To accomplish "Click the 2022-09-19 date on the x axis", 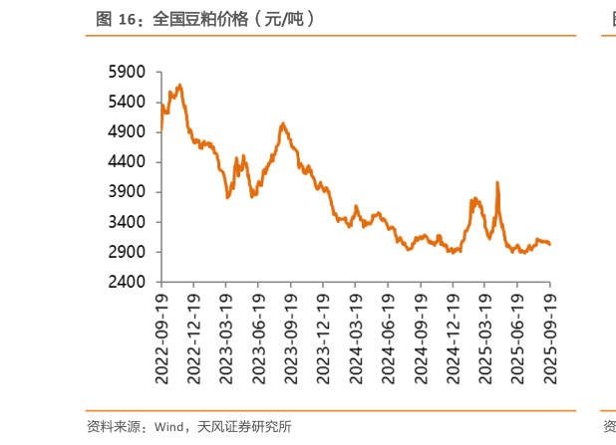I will pyautogui.click(x=162, y=336).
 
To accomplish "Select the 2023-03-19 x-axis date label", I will pyautogui.click(x=226, y=336).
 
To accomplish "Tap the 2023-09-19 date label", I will pyautogui.click(x=291, y=336).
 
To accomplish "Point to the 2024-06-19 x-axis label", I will pyautogui.click(x=388, y=336).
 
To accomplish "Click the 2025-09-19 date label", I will pyautogui.click(x=549, y=336).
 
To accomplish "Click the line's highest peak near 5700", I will pyautogui.click(x=178, y=85).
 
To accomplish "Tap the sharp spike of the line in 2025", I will pyautogui.click(x=496, y=182).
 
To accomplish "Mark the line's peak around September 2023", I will pyautogui.click(x=283, y=123).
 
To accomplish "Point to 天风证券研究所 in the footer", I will pyautogui.click(x=243, y=427).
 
